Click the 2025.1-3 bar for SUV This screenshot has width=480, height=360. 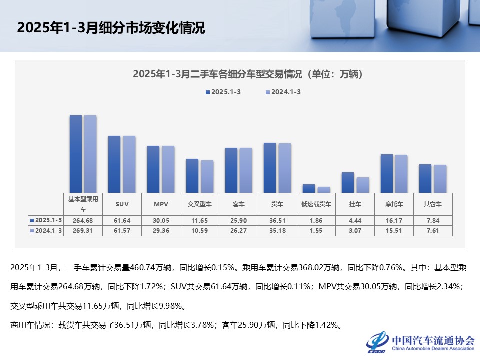pyautogui.click(x=114, y=164)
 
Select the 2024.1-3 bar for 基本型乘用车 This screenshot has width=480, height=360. pyautogui.click(x=90, y=153)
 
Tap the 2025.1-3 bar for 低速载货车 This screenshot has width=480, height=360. pyautogui.click(x=309, y=188)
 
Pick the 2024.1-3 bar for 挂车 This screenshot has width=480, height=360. pyautogui.click(x=362, y=185)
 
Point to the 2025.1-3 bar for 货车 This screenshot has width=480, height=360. pyautogui.click(x=270, y=167)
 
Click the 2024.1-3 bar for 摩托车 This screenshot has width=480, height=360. pyautogui.click(x=401, y=173)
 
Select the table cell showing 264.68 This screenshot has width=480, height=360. pyautogui.click(x=83, y=220)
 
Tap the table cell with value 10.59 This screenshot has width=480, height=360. pyautogui.click(x=200, y=230)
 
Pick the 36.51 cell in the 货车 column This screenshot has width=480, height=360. pyautogui.click(x=277, y=220)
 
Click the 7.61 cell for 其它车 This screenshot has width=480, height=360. pyautogui.click(x=433, y=230)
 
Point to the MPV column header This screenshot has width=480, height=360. pyautogui.click(x=161, y=204)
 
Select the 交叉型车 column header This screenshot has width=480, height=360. pyautogui.click(x=200, y=204)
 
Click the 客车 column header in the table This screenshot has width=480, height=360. pyautogui.click(x=239, y=204)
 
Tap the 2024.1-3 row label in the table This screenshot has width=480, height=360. pyautogui.click(x=46, y=230)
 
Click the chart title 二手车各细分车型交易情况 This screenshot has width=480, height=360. pyautogui.click(x=247, y=74)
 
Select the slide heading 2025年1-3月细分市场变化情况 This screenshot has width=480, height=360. pyautogui.click(x=111, y=28)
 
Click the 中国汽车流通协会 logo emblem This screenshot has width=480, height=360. pyautogui.click(x=378, y=342)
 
